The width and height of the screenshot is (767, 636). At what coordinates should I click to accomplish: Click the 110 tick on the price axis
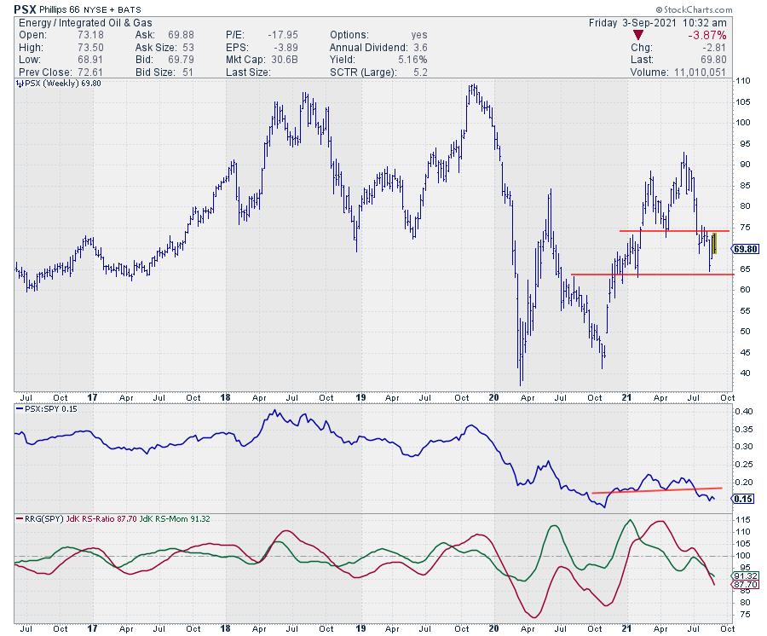coord(743,81)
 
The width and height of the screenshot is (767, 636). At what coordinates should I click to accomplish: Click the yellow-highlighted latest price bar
coord(714,244)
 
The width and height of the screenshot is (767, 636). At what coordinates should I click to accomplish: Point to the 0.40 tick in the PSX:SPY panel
coord(743,412)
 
